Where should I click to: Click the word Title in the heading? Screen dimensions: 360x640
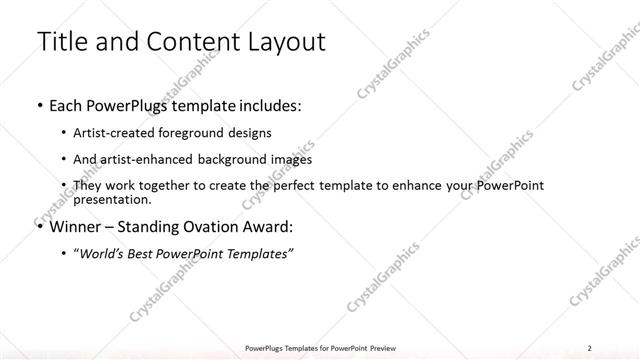[62, 42]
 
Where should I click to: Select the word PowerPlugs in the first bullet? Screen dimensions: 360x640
[130, 104]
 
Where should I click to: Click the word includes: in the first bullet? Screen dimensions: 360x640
[266, 104]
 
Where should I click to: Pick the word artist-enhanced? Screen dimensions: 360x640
[140, 159]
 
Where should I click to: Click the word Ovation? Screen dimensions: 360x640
[212, 226]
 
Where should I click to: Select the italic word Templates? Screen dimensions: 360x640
[258, 254]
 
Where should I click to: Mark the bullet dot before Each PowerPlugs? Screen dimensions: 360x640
[39, 105]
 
